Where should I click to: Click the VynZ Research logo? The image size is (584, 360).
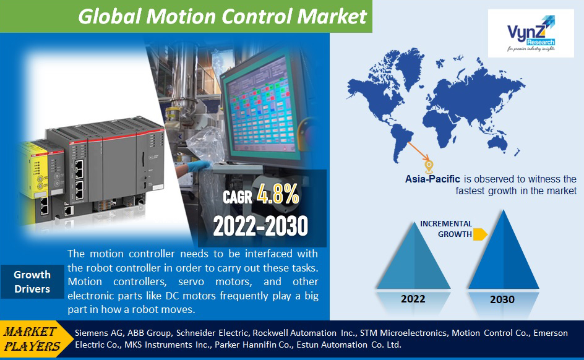click(531, 33)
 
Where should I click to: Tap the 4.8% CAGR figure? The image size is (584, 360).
click(278, 194)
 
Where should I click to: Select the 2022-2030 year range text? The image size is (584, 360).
click(260, 226)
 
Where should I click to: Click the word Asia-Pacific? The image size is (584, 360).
click(432, 179)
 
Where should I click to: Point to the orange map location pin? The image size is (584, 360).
click(429, 167)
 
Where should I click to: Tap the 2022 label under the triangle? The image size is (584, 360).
click(413, 299)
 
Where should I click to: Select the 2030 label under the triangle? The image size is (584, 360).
click(502, 299)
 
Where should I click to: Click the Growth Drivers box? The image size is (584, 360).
click(32, 282)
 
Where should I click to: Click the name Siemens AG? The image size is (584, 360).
click(99, 333)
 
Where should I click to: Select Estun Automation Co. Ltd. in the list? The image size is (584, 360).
click(349, 345)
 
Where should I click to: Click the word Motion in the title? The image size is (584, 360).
click(181, 16)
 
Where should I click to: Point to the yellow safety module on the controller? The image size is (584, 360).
click(34, 169)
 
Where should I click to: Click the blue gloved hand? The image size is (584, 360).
click(198, 166)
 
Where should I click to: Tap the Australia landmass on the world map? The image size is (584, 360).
click(497, 143)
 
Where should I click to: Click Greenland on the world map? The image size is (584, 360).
click(409, 65)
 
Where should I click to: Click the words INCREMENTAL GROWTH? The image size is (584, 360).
click(446, 229)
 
